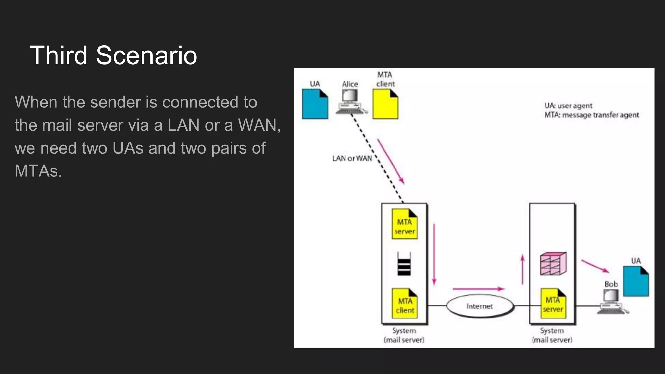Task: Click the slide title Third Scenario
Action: (113, 55)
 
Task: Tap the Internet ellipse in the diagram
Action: (480, 306)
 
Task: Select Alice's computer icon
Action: (350, 101)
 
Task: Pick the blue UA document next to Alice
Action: (315, 104)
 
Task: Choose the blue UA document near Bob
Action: (636, 281)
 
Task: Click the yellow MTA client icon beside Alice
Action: (385, 104)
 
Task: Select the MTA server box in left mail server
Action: (404, 224)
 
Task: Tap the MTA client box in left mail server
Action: (404, 304)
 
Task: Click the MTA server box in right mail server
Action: (553, 304)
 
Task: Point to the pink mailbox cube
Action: (553, 263)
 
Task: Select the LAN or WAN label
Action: (352, 158)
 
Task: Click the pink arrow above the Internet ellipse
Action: (478, 289)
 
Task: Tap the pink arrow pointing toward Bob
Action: (595, 266)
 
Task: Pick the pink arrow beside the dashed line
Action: (391, 161)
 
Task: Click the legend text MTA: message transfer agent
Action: (591, 115)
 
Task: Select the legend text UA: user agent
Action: (568, 106)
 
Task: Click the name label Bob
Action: (611, 284)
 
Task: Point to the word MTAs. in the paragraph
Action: (38, 171)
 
